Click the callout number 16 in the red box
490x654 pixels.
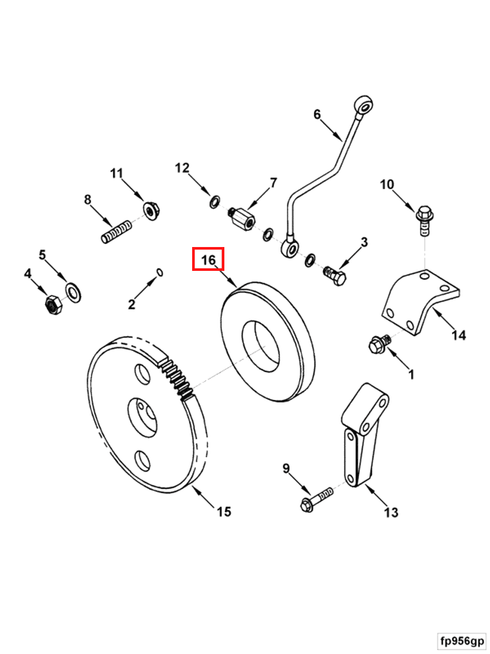(x=208, y=259)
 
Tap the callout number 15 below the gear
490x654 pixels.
(x=223, y=511)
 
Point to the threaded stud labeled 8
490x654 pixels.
(x=116, y=232)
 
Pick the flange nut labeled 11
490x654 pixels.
(x=150, y=210)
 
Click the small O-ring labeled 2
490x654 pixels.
(x=160, y=272)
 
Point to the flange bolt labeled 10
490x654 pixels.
(x=425, y=215)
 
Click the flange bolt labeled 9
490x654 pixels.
(x=311, y=501)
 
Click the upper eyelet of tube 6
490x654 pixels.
(x=365, y=105)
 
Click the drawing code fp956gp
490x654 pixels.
(x=462, y=641)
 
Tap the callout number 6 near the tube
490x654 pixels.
(x=317, y=114)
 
